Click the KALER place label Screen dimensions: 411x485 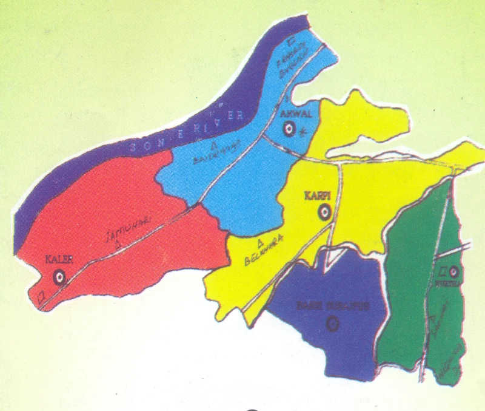click(59, 260)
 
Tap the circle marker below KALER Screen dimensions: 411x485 click(59, 278)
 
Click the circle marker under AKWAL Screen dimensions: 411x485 click(289, 129)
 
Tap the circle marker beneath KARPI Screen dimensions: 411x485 click(324, 212)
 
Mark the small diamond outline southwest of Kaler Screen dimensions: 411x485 click(41, 297)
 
